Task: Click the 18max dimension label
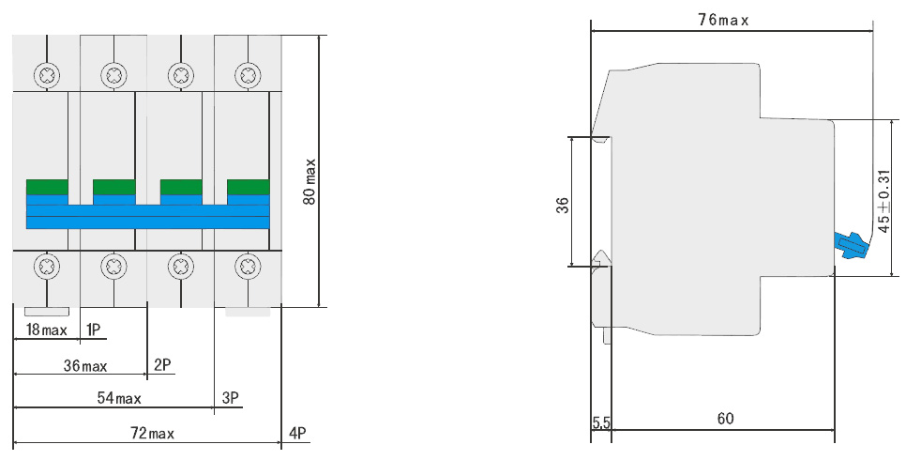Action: pos(47,330)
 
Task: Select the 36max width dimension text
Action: pos(85,366)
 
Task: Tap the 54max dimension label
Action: pos(119,398)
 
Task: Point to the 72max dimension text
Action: pos(153,433)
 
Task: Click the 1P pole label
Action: pos(93,330)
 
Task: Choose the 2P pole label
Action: pos(162,364)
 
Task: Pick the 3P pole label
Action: pos(231,397)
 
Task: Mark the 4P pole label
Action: pos(297,433)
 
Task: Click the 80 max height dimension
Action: pos(310,181)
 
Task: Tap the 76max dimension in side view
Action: pos(723,21)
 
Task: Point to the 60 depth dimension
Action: pos(725,418)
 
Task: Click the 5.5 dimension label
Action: pos(601,422)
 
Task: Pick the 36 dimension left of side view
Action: pos(563,206)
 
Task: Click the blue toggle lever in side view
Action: pos(851,246)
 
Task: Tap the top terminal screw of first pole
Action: pos(47,75)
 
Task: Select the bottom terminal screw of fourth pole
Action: pos(248,267)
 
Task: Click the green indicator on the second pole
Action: pos(113,187)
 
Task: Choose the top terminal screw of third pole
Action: pos(180,75)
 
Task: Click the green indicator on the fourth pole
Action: pos(248,187)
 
